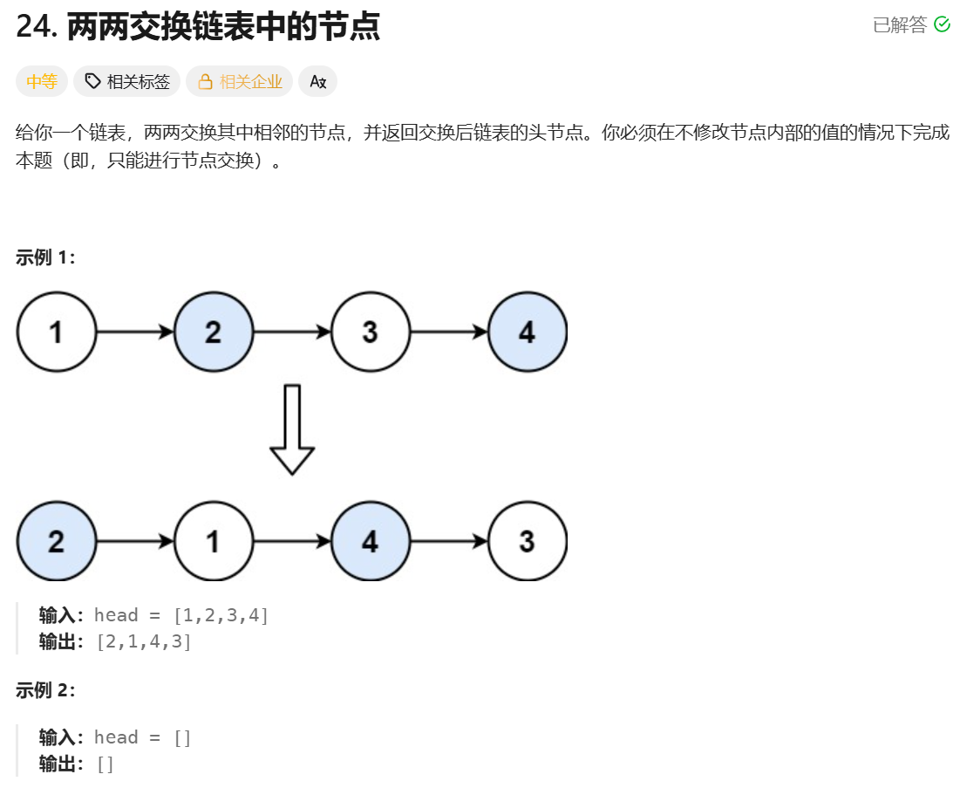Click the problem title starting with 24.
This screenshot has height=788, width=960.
pos(198,26)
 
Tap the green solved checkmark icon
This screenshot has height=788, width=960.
pos(942,24)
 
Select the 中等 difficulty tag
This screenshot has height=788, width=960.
pos(42,82)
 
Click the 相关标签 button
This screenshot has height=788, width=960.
pos(127,82)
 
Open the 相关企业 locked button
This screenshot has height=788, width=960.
pos(240,82)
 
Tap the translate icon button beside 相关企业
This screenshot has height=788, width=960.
pos(317,82)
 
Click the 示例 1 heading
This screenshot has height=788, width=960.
pos(45,257)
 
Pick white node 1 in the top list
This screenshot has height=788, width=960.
pos(56,332)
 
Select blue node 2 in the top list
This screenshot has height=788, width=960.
pos(213,332)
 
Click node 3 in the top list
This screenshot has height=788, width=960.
pos(370,332)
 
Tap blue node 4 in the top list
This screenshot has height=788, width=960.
pos(527,332)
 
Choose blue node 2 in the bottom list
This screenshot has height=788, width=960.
pos(56,541)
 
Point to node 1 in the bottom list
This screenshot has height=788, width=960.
pos(213,541)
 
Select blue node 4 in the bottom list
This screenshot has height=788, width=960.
pos(370,541)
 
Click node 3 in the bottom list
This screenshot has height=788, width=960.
pos(527,541)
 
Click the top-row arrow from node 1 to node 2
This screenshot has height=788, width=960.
pos(134,332)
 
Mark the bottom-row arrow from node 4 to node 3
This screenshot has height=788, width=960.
pos(448,541)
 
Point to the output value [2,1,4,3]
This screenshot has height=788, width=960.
pos(144,641)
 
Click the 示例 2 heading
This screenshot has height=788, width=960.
pos(45,690)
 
